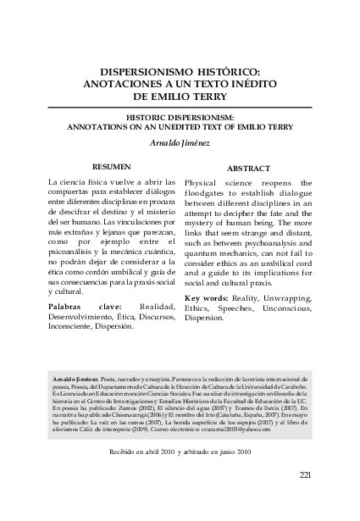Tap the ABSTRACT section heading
click(251, 168)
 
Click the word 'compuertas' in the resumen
click(74, 194)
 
